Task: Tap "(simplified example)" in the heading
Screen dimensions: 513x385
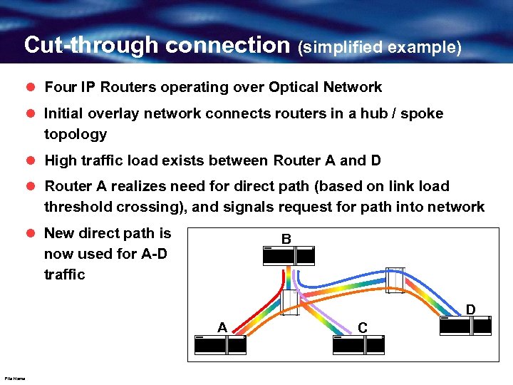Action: pos(380,47)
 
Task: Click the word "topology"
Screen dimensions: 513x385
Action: pos(76,134)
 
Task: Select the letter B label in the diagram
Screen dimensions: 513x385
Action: pos(286,239)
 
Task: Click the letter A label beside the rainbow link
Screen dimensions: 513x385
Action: pos(222,327)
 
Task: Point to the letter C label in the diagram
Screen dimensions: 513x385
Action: pos(363,327)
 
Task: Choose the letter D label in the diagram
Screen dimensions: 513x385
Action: pos(470,309)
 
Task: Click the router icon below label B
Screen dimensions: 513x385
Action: pos(289,256)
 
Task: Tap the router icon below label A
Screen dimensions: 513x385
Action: pos(219,344)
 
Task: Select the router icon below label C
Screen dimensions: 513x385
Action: pos(358,344)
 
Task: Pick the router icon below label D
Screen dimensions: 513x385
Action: pos(466,325)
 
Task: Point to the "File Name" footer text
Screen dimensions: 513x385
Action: pos(14,379)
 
